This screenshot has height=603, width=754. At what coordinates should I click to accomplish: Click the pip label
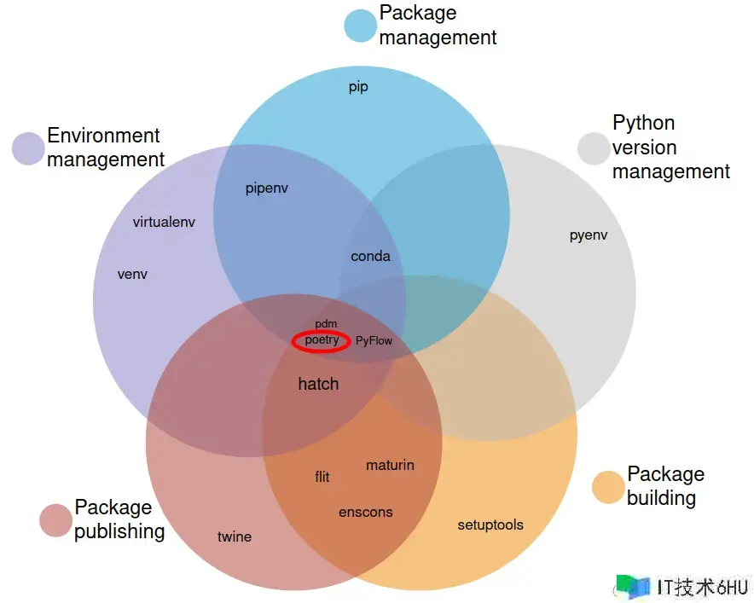[358, 87]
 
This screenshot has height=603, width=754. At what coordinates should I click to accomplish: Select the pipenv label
[267, 188]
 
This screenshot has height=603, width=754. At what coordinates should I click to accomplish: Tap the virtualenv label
[165, 222]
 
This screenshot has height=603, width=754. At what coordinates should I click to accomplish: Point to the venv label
[132, 274]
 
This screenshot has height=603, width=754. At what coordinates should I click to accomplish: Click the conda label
[370, 256]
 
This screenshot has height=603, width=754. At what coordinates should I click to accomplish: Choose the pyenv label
[589, 235]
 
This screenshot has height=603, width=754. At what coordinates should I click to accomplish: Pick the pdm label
[326, 324]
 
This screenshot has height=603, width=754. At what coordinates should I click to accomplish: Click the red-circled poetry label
[322, 340]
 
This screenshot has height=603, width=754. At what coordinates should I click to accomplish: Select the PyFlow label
[374, 340]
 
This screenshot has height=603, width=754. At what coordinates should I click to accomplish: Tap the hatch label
[318, 384]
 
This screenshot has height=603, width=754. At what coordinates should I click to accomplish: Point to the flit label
[322, 477]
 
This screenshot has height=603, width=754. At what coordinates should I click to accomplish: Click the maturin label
[390, 465]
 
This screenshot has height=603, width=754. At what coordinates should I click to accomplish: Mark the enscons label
[366, 512]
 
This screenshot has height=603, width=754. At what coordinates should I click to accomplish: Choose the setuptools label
[490, 525]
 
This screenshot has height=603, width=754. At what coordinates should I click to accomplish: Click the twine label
[235, 536]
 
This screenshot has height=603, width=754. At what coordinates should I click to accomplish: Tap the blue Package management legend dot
[360, 26]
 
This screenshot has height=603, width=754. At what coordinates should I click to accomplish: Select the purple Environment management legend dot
[28, 148]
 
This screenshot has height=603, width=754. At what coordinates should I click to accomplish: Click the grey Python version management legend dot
[594, 148]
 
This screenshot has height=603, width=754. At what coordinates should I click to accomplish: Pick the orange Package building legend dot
[608, 487]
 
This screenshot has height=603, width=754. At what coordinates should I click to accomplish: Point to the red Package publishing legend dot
[56, 520]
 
